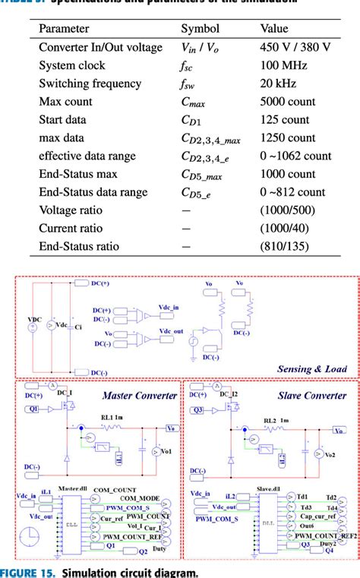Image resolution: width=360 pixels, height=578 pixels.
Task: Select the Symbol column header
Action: [x=199, y=29]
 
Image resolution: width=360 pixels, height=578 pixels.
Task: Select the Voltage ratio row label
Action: [x=70, y=210]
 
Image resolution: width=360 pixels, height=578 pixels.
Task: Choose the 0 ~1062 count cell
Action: [x=295, y=156]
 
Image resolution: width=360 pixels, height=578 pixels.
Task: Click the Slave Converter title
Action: [x=313, y=395]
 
